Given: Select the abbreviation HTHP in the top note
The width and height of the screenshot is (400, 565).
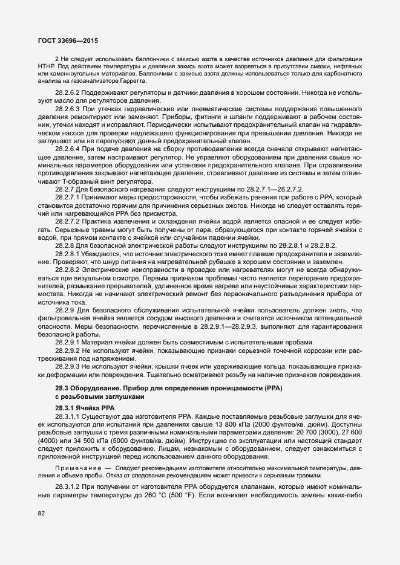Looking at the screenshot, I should pos(47,65).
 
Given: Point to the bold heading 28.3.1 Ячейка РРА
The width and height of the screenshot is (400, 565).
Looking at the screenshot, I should pos(80,408).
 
